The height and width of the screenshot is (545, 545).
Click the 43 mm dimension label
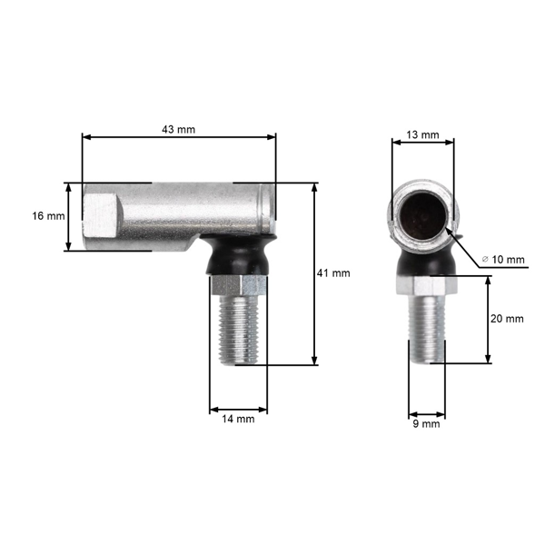point(178,130)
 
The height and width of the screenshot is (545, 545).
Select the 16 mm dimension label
point(48,216)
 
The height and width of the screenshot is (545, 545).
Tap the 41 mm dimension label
point(334,272)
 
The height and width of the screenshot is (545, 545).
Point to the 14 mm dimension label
point(238,419)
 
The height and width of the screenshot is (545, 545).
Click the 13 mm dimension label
point(422,134)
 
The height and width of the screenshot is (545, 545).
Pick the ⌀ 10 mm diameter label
point(503,260)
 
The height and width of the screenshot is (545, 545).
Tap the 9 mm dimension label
point(426,423)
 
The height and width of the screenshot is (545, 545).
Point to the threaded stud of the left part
point(240,327)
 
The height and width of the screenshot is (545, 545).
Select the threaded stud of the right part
point(426,332)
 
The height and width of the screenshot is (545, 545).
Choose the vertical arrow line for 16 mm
point(68,216)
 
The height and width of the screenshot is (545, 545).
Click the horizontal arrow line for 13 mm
point(422,143)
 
